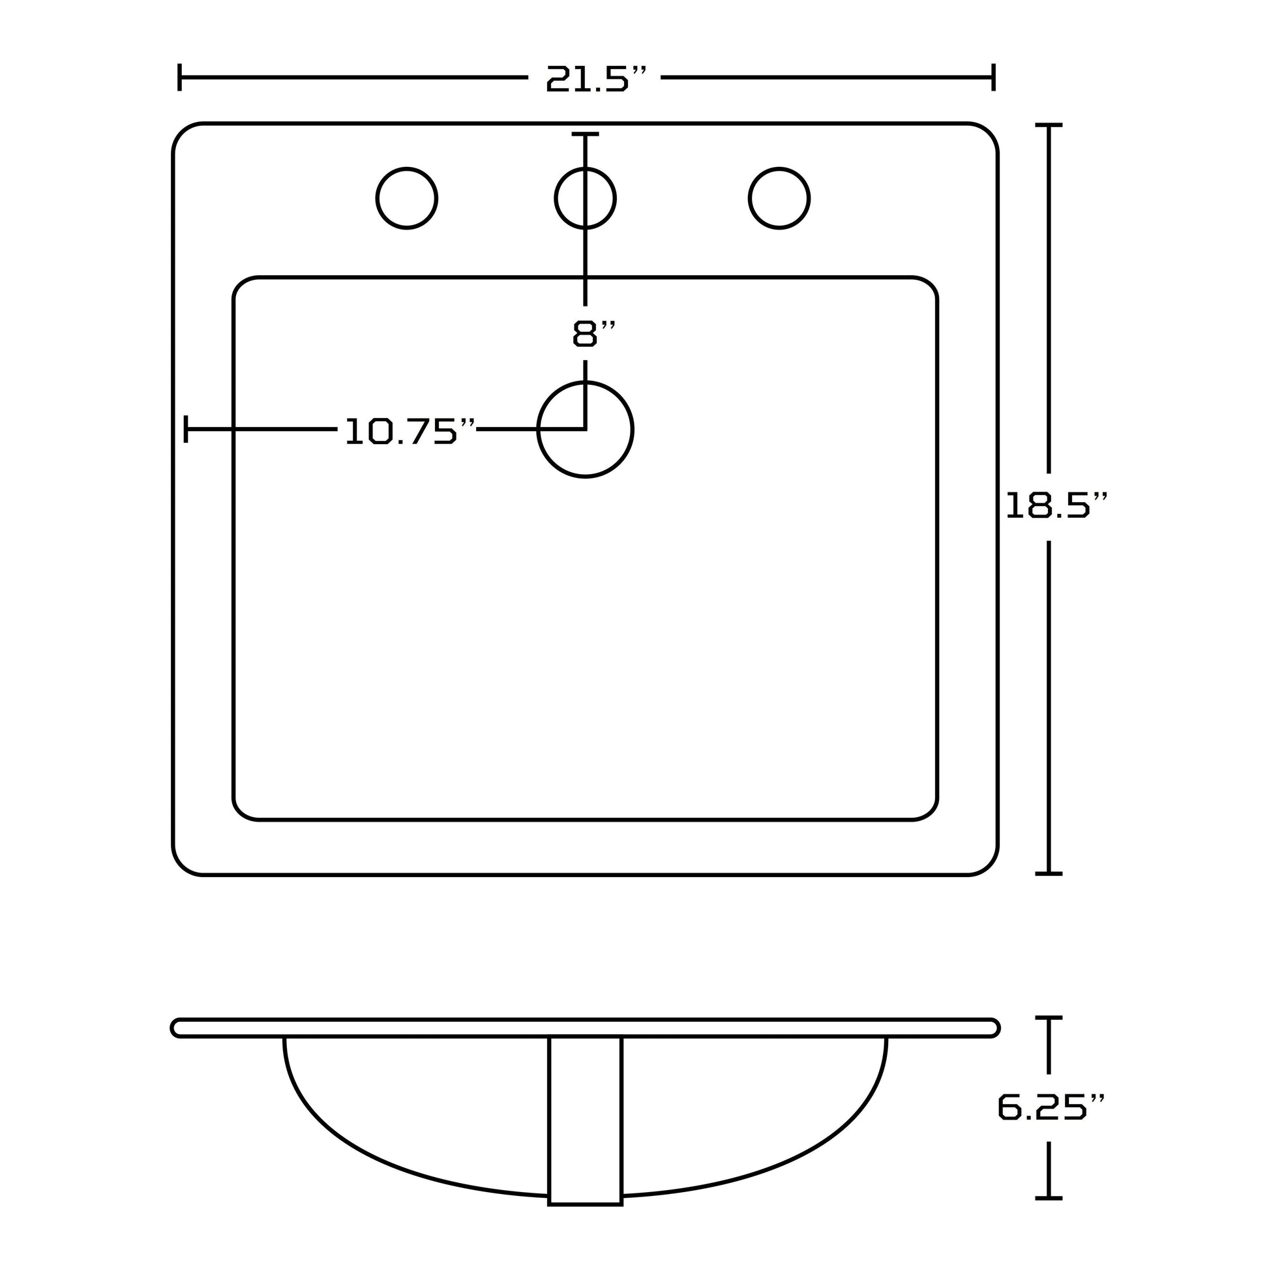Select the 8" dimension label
click(x=594, y=333)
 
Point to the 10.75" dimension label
click(x=410, y=431)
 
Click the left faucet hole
click(x=406, y=198)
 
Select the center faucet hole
click(x=585, y=198)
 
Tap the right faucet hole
click(x=779, y=198)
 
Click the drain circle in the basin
click(x=585, y=430)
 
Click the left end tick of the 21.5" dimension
click(x=179, y=78)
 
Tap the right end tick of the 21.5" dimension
click(x=994, y=78)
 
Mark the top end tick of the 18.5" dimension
click(x=1049, y=124)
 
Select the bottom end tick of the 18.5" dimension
click(x=1049, y=874)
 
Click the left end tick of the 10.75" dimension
click(x=186, y=429)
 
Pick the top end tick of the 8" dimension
click(x=585, y=134)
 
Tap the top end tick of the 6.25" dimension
click(x=1049, y=1017)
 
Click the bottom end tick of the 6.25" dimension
click(x=1049, y=1198)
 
